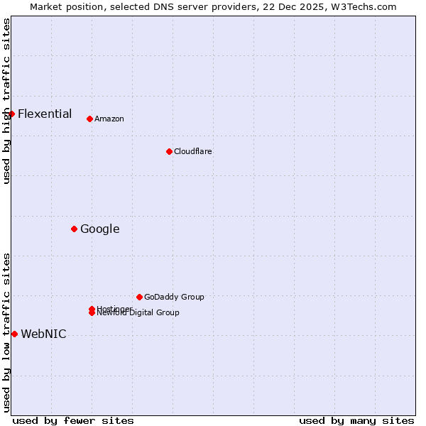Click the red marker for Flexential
point(11,114)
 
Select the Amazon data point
point(89,119)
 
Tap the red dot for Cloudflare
point(169,151)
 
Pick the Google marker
point(74,229)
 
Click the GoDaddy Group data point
point(139,297)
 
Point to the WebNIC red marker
point(14,334)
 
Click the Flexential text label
point(45,114)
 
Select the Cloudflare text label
point(193,151)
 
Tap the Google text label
point(100,229)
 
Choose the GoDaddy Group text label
point(174,297)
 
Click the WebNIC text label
point(43,334)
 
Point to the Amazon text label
point(109,119)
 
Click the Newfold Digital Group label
point(138,313)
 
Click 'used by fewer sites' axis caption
point(73,420)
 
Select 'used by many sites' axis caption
point(356,420)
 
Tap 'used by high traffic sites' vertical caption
point(6,101)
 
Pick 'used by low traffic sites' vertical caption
point(6,332)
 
